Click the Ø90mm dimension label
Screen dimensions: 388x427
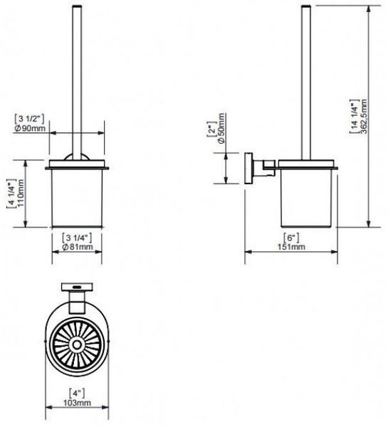click(x=30, y=128)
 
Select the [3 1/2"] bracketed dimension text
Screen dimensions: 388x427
click(x=29, y=119)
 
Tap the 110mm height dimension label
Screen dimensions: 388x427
click(x=21, y=193)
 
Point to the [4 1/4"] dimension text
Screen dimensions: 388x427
click(x=11, y=194)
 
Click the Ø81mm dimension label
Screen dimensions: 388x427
click(x=78, y=247)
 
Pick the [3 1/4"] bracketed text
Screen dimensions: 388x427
click(x=77, y=238)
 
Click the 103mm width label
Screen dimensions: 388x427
click(x=77, y=403)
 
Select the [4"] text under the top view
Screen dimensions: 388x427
click(x=77, y=394)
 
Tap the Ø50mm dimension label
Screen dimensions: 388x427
click(x=221, y=128)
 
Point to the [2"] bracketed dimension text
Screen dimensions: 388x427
click(x=211, y=130)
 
